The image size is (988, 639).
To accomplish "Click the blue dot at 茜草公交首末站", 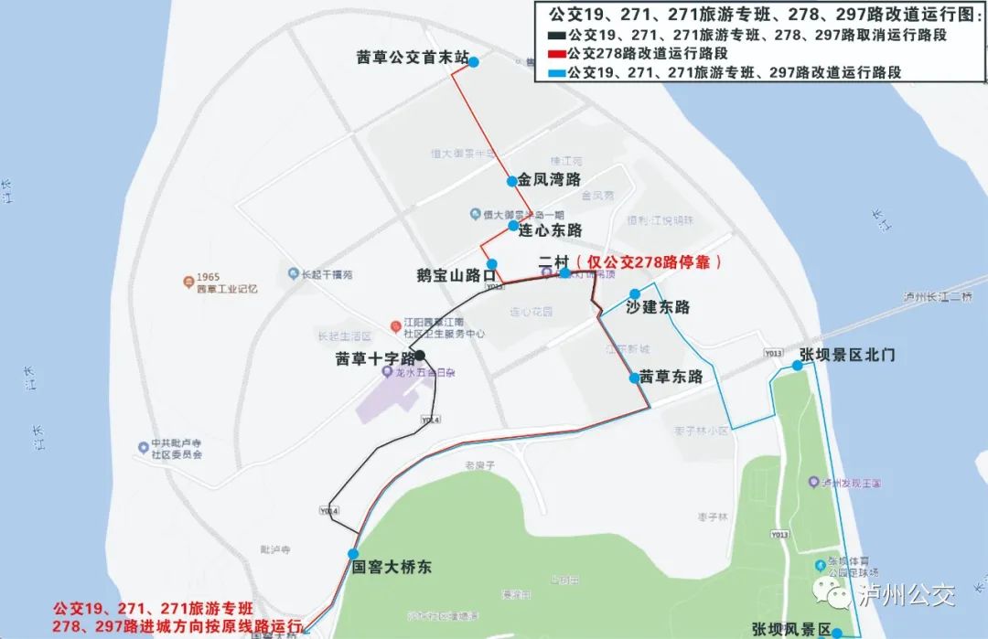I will click(x=474, y=60).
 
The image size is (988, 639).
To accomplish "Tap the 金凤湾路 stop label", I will click(x=549, y=180).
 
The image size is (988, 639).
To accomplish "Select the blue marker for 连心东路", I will click(x=513, y=226).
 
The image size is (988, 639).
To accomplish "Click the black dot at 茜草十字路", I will click(x=420, y=355).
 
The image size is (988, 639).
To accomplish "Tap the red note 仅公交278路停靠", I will click(x=650, y=262).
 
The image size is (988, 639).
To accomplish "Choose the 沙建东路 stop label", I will click(x=658, y=307).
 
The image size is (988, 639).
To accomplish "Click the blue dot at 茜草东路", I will click(x=634, y=378).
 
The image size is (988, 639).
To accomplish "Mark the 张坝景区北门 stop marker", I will click(x=798, y=365).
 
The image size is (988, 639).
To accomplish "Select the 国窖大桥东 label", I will click(x=392, y=568).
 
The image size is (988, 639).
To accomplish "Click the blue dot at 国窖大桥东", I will click(x=353, y=554).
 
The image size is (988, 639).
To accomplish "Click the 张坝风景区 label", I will click(x=791, y=630).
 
